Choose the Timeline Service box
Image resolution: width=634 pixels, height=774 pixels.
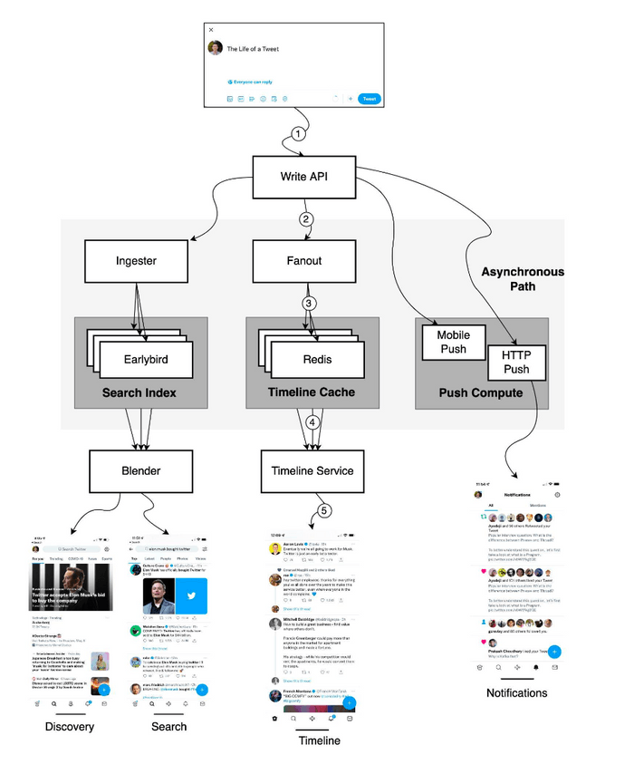tap(312, 469)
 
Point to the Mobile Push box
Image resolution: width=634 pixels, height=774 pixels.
tap(453, 342)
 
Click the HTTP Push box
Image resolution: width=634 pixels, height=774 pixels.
tap(515, 363)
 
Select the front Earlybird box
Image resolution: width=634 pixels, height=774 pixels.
tap(147, 360)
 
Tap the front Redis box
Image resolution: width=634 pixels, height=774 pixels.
tap(318, 360)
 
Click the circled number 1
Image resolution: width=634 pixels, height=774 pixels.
tap(298, 134)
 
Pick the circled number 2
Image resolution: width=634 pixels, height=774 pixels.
tap(306, 218)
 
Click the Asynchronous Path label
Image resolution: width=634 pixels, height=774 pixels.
tap(522, 279)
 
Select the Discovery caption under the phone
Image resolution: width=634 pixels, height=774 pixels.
tap(70, 726)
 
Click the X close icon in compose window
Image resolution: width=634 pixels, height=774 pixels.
tap(212, 29)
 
